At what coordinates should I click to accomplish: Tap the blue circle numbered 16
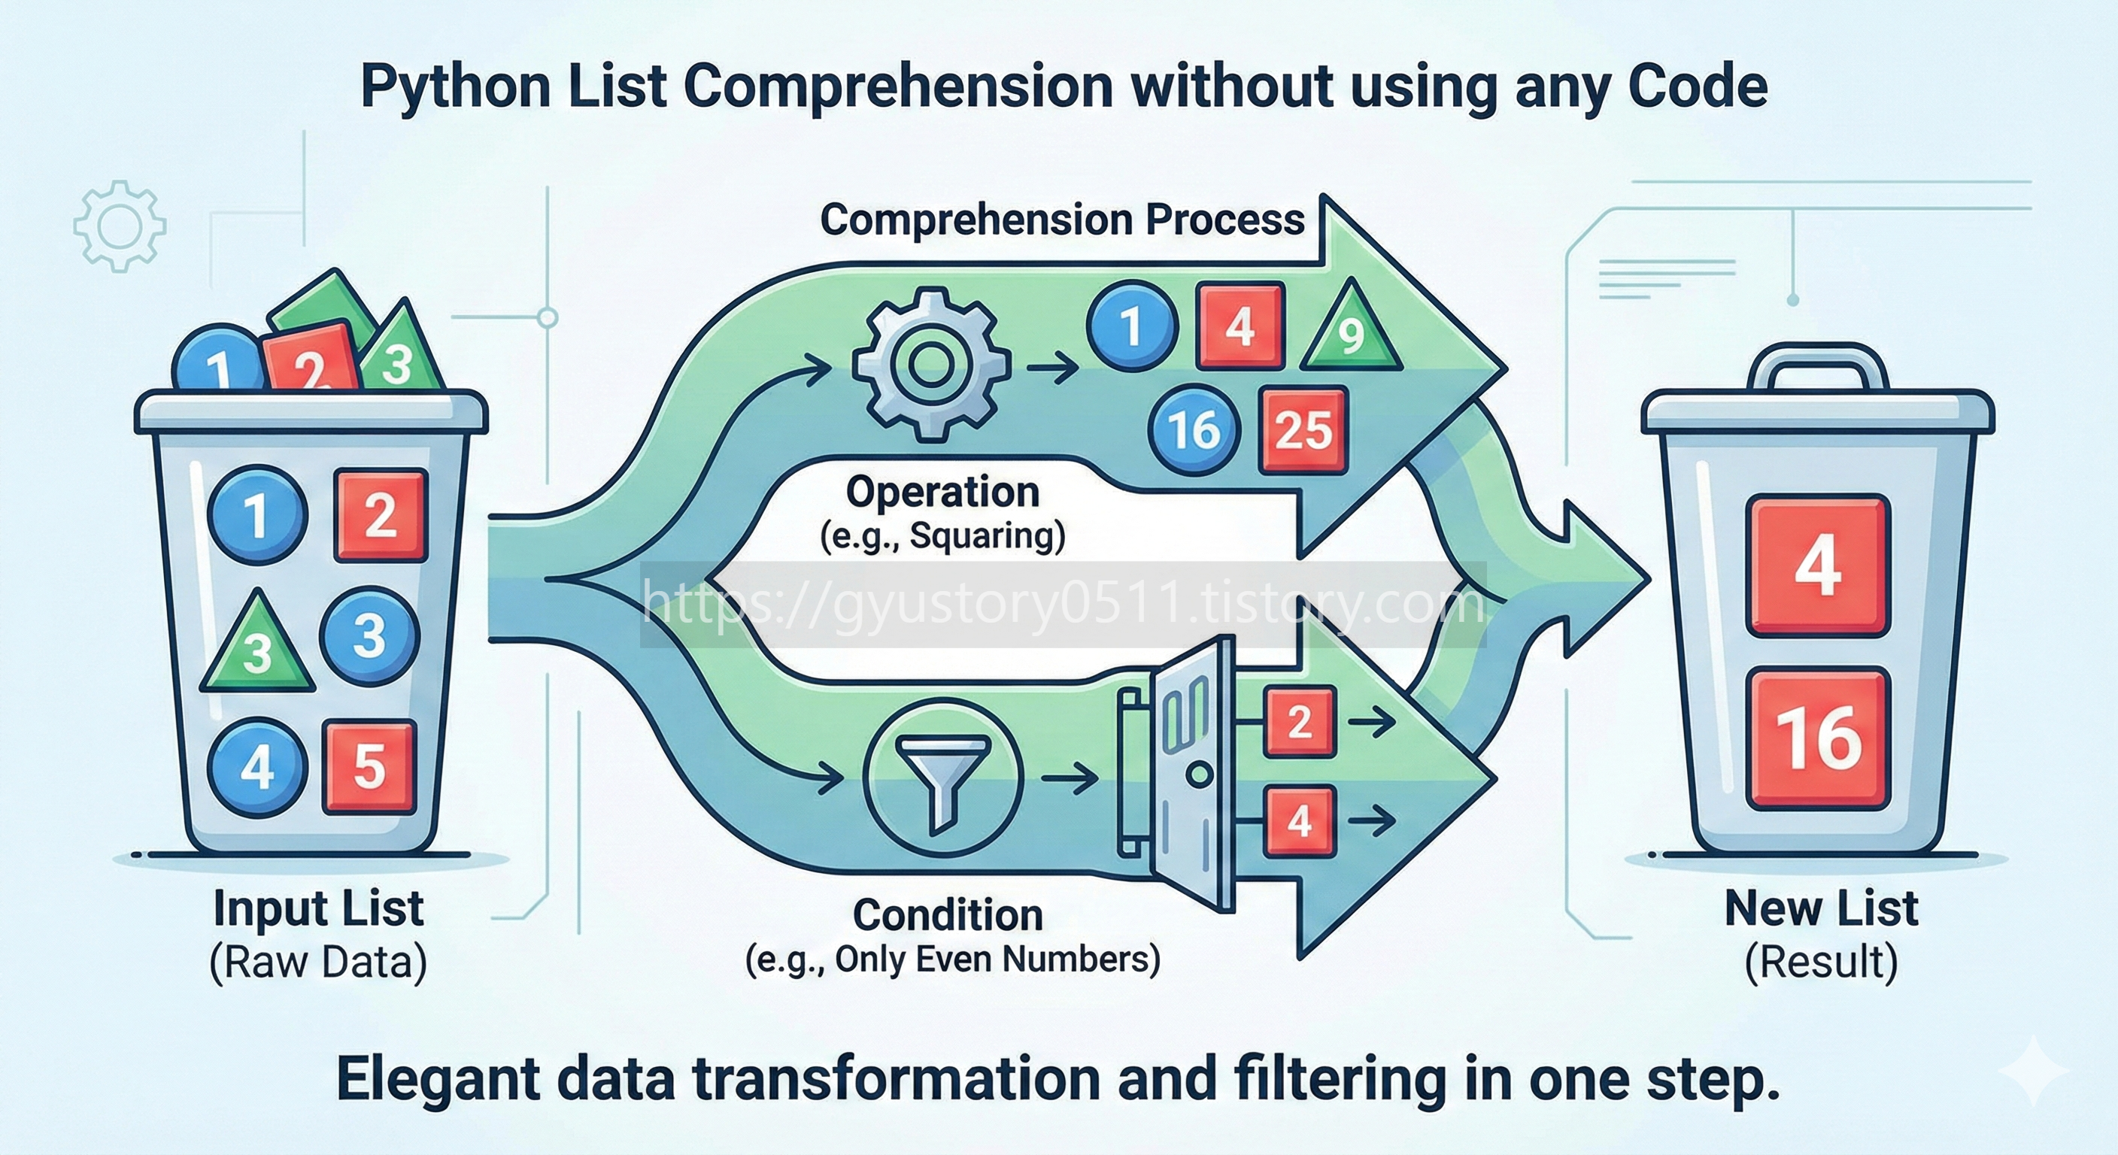1194,430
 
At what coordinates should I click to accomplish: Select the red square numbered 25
1303,430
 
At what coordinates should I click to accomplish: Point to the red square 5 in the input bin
369,767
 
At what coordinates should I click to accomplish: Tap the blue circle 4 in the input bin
257,766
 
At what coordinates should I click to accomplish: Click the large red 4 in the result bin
1818,565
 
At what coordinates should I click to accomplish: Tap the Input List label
318,909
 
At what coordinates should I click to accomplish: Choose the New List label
1820,909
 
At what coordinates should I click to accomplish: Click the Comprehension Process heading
1062,220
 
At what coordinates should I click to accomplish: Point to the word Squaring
986,537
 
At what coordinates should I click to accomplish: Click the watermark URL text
1062,605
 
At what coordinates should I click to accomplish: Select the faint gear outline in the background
120,226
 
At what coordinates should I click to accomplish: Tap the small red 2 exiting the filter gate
1299,723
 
